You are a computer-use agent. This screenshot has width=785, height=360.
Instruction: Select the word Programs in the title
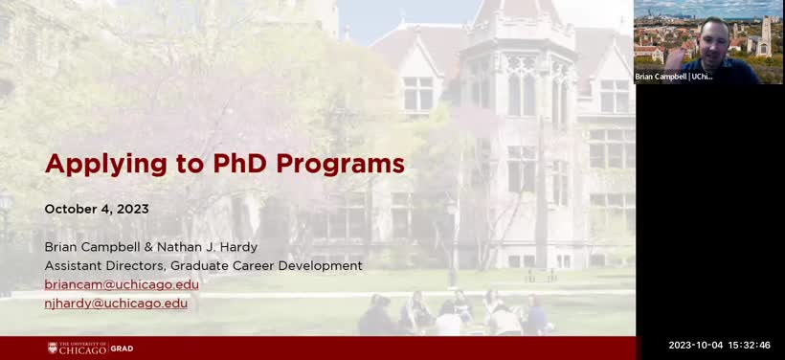340,164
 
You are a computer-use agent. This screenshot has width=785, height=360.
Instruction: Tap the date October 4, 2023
97,209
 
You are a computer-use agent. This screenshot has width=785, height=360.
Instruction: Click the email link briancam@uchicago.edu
122,284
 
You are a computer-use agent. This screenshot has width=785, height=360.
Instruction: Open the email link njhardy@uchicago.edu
116,303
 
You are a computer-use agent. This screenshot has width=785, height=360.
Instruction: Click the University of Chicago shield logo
53,348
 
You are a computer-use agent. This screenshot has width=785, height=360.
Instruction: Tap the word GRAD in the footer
123,349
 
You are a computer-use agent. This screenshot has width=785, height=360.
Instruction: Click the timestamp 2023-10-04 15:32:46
719,346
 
